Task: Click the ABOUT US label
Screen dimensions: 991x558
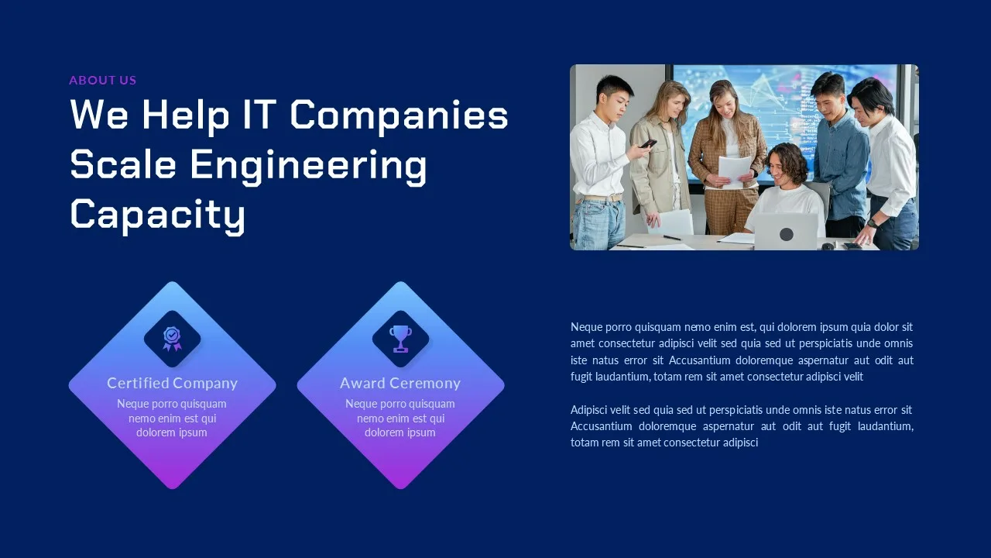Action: click(x=103, y=80)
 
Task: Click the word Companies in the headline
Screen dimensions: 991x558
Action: click(x=399, y=115)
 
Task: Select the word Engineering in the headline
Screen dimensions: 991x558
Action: click(x=308, y=166)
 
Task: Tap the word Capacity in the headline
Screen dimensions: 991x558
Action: click(x=157, y=215)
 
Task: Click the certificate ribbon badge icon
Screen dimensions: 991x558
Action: click(x=172, y=339)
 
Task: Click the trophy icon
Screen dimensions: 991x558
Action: click(x=400, y=339)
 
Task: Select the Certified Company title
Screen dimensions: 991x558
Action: click(x=172, y=383)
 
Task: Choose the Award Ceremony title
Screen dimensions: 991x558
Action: click(x=400, y=383)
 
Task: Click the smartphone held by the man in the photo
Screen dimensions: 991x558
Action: click(x=648, y=143)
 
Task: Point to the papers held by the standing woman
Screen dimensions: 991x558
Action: click(x=735, y=170)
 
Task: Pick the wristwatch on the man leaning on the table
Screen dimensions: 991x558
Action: click(x=872, y=222)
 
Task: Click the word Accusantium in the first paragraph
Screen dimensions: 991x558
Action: click(x=699, y=360)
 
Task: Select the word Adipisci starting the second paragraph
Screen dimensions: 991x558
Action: click(x=589, y=410)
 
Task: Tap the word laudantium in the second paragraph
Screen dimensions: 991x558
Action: click(x=885, y=426)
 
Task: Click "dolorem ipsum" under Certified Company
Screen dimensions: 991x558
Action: click(x=172, y=432)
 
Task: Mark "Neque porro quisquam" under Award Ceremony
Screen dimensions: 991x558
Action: click(x=400, y=404)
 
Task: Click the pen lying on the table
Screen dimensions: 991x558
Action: click(x=672, y=237)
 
